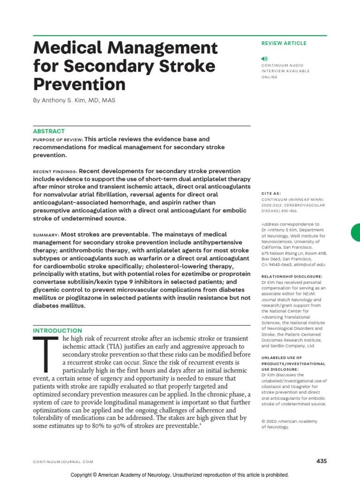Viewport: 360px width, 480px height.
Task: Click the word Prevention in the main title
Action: [79, 84]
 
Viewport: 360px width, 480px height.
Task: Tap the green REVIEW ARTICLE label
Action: [284, 43]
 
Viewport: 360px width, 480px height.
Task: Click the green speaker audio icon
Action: [265, 59]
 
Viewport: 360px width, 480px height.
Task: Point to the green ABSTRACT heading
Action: [49, 131]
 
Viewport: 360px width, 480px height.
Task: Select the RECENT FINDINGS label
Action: [54, 172]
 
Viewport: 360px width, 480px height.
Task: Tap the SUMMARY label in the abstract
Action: [45, 234]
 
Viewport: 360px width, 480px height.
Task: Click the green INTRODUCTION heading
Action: [57, 330]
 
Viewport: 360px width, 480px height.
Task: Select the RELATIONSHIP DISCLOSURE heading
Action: [292, 277]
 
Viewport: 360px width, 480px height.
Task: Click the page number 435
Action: [321, 461]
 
